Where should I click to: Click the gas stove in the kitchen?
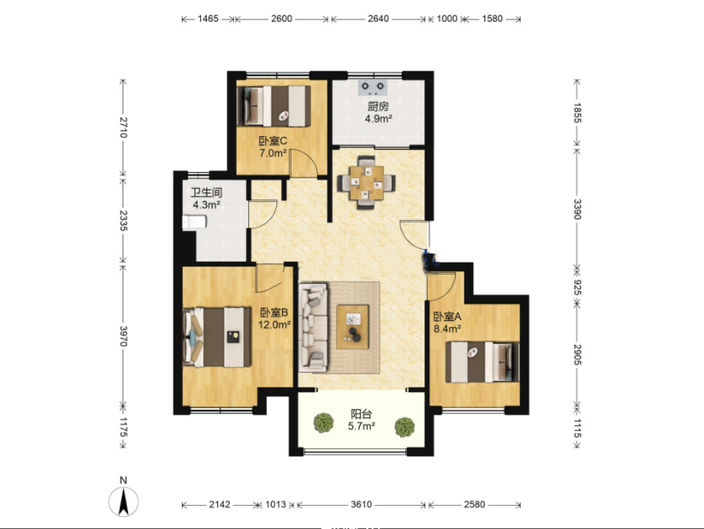[x=372, y=87]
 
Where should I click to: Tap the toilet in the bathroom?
[x=195, y=222]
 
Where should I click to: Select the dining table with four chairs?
[x=367, y=182]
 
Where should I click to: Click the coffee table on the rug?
[x=353, y=327]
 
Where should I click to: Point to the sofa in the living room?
[x=313, y=327]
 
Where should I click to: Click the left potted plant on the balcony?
[x=324, y=423]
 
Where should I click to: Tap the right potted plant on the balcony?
[x=404, y=427]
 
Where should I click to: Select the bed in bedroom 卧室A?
[x=483, y=362]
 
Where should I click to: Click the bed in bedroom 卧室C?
[x=274, y=106]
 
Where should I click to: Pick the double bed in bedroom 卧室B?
[x=217, y=337]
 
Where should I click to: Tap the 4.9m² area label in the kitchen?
[x=379, y=119]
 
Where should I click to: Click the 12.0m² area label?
[x=275, y=324]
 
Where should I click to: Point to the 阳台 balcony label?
[x=361, y=414]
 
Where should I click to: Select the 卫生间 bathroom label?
[x=207, y=193]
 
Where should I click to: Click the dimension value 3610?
[x=361, y=504]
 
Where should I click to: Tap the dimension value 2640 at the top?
[x=378, y=18]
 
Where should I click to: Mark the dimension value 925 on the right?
[x=577, y=287]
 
